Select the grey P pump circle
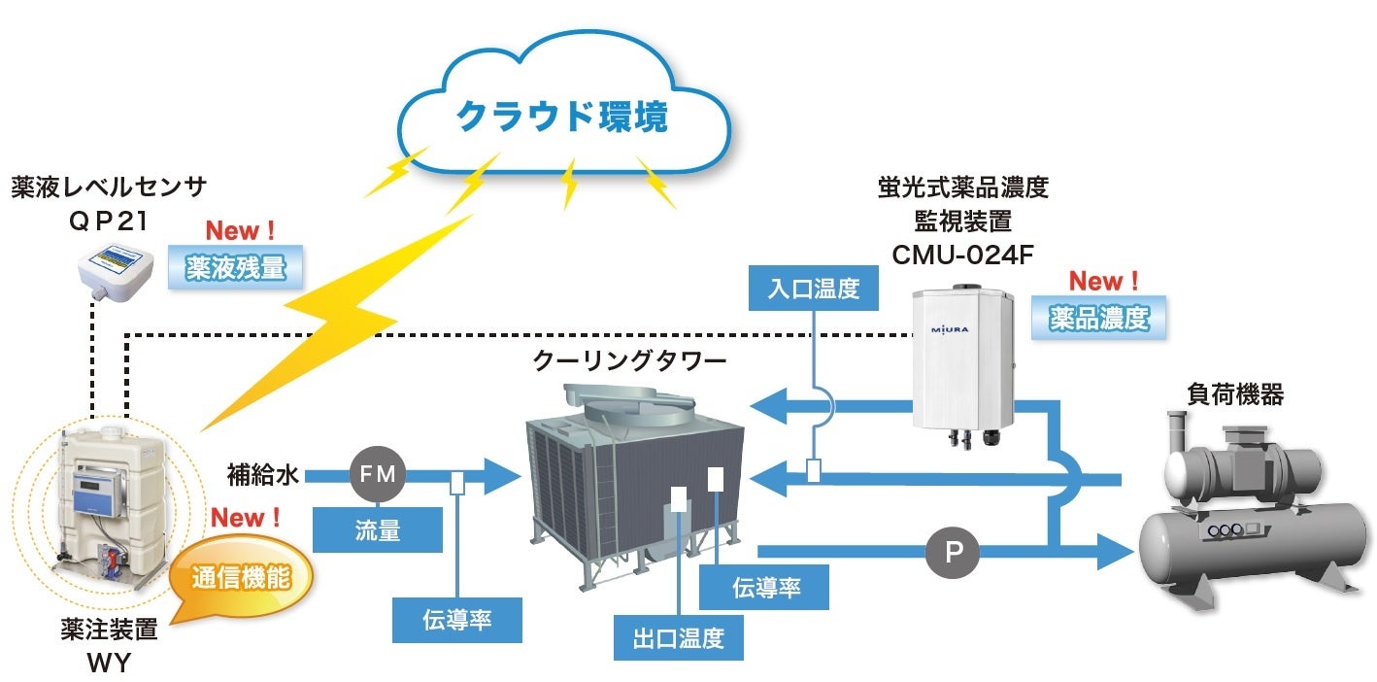pyautogui.click(x=954, y=554)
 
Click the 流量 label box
pyautogui.click(x=377, y=529)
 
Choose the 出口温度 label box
pyautogui.click(x=678, y=638)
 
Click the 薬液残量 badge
pyautogui.click(x=235, y=266)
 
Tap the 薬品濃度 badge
pyautogui.click(x=1099, y=317)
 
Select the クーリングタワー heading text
pyautogui.click(x=629, y=361)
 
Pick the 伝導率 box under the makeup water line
pyautogui.click(x=456, y=620)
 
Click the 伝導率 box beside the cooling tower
pyautogui.click(x=765, y=587)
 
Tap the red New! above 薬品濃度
pyautogui.click(x=1103, y=282)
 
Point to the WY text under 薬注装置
pyautogui.click(x=108, y=665)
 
